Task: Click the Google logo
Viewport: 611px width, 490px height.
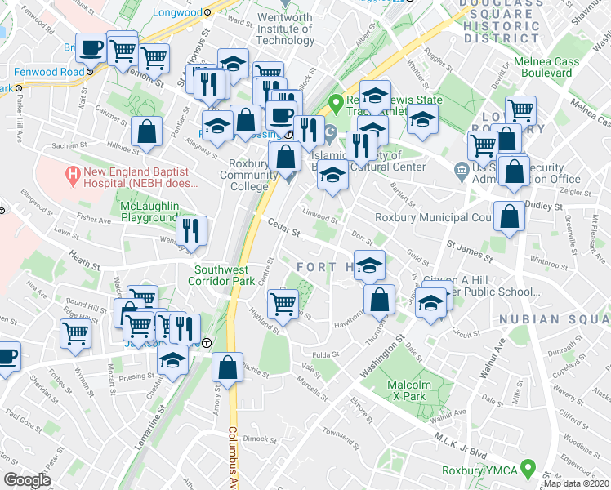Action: click(28, 480)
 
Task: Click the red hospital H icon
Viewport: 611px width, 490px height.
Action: click(74, 174)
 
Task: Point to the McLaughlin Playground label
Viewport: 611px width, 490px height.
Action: click(149, 212)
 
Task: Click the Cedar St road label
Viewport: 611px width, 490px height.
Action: click(285, 230)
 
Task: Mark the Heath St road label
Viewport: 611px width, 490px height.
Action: click(84, 263)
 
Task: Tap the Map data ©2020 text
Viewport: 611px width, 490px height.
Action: click(577, 483)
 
